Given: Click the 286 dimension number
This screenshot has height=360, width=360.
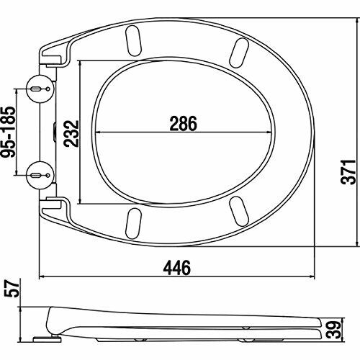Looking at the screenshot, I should [184, 123].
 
